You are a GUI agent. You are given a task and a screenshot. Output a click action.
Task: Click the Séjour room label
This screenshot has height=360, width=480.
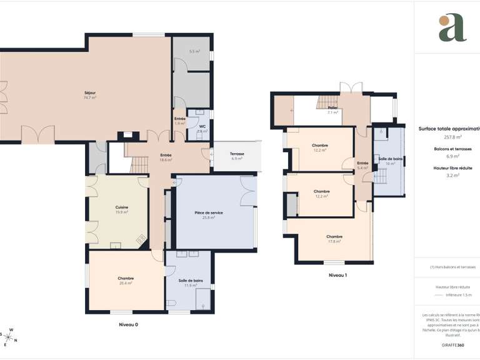coord(89,92)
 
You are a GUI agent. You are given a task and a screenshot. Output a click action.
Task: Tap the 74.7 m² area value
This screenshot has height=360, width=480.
coord(89,97)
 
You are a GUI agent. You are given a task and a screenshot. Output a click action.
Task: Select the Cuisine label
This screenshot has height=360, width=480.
coord(122,207)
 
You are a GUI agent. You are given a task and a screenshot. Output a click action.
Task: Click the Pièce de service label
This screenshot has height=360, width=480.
coord(209,212)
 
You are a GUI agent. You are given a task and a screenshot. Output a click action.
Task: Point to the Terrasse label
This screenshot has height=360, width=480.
coord(237,154)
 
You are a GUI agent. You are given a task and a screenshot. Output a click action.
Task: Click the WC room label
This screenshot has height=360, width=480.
coord(202,126)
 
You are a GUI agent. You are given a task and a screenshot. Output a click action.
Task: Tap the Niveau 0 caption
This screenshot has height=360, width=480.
coord(128,324)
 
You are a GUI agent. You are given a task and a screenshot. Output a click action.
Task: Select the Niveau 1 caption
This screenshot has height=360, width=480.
coord(337,275)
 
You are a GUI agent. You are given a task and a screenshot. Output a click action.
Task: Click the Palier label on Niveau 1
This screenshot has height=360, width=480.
coord(332,107)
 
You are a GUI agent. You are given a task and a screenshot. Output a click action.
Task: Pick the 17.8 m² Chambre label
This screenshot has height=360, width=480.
coord(334,236)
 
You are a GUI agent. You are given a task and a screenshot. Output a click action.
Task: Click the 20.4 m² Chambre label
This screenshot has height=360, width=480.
coord(126,278)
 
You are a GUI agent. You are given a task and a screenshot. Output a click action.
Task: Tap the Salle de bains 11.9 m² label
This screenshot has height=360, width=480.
coord(190,281)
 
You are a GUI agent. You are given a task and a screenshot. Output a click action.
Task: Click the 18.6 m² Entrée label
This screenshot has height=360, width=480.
coord(166,155)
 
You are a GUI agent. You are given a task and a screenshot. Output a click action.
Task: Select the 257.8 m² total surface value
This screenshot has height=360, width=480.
coord(452,136)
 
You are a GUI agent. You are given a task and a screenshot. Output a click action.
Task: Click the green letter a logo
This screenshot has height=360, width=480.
coord(452,27)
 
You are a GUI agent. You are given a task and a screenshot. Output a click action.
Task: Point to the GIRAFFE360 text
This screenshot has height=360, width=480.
coord(452,345)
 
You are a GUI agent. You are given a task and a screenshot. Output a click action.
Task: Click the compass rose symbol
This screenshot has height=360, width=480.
coord(11,336)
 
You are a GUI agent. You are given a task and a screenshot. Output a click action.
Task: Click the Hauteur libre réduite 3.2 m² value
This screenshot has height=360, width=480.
coord(452,176)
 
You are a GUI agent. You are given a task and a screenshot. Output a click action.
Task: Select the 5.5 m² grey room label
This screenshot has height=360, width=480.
coord(194,51)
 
